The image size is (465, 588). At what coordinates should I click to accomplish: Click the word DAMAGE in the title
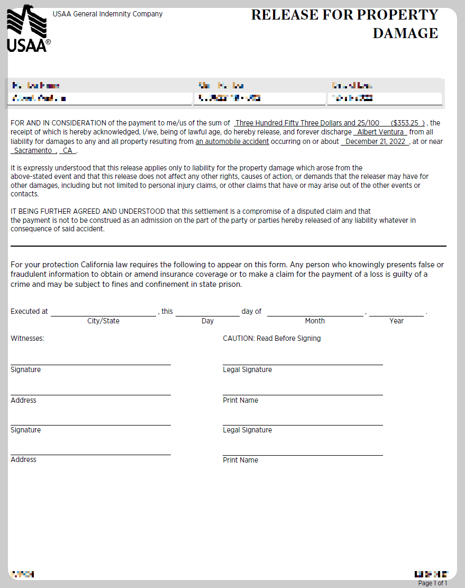pos(405,33)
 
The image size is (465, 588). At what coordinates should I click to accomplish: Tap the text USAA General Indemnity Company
pos(107,14)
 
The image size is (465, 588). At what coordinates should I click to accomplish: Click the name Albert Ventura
pos(381,132)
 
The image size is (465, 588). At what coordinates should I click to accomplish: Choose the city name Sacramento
pos(33,150)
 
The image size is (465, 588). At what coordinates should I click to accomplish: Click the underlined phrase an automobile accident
pos(232,141)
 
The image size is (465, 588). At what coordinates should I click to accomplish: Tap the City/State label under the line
pos(103,321)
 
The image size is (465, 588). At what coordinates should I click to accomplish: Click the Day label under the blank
pos(207,321)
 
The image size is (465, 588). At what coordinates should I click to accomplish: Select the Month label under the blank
pos(315,321)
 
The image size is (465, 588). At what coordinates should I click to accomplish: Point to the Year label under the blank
pos(396,321)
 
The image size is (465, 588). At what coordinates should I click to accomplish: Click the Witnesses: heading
pos(28,338)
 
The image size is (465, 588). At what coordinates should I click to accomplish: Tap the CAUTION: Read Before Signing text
pos(271,338)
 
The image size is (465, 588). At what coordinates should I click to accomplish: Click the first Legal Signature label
pos(247,369)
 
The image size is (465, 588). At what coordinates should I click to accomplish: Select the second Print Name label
pos(240,460)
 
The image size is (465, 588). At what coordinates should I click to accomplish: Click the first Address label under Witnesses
pos(23,400)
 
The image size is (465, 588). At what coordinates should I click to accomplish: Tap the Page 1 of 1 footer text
pos(432,583)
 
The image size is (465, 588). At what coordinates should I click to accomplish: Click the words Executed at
pos(29,311)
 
